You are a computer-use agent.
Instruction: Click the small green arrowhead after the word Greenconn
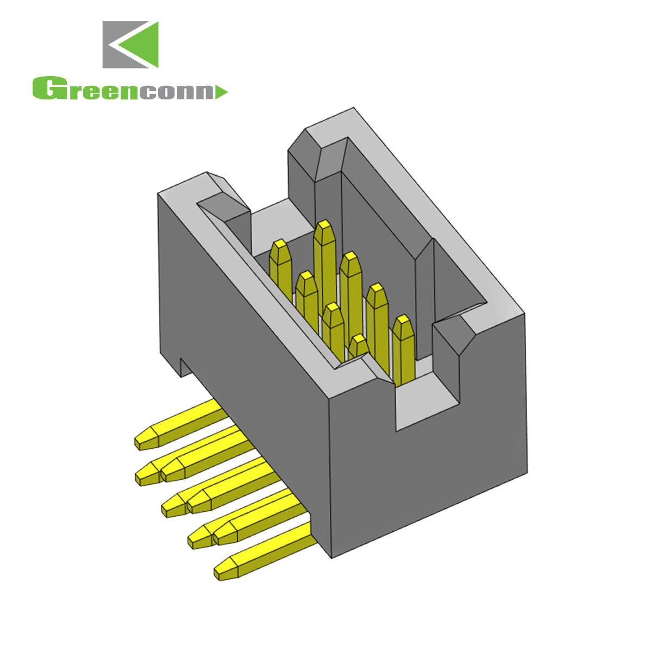click(221, 92)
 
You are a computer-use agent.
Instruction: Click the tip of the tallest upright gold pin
click(324, 227)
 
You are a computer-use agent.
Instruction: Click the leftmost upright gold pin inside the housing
click(280, 266)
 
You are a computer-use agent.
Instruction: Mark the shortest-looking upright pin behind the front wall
click(359, 346)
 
